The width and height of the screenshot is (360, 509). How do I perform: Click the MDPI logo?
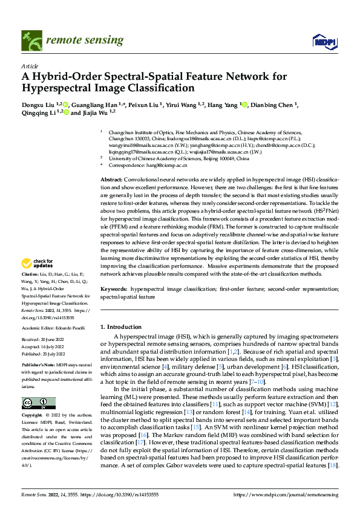tap(321, 40)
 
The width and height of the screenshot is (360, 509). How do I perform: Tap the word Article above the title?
tap(29, 66)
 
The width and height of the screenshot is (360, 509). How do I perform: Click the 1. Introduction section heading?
tap(121, 327)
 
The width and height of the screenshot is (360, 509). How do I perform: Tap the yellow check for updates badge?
tap(38, 262)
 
